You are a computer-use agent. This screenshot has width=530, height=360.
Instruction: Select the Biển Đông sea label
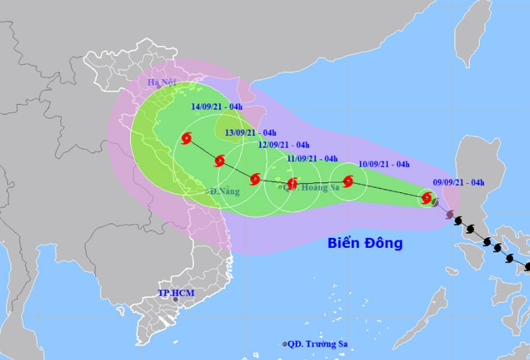click(365, 243)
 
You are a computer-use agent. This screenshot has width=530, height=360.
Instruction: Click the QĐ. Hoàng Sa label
click(311, 188)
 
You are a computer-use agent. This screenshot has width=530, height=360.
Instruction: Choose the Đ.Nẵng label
click(225, 192)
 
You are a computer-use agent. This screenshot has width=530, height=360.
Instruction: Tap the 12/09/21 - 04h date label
click(284, 145)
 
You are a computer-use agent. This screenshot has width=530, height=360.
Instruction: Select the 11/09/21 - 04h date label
click(313, 158)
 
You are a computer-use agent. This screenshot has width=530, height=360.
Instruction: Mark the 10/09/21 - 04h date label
click(384, 164)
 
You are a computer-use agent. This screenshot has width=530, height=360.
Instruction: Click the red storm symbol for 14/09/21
click(187, 139)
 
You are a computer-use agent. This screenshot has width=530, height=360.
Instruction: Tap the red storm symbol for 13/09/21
click(219, 161)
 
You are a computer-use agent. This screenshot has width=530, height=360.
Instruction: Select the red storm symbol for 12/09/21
click(255, 179)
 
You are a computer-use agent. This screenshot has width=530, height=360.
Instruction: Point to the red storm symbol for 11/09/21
click(291, 183)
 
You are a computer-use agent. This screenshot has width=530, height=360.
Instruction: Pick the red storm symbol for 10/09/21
click(348, 181)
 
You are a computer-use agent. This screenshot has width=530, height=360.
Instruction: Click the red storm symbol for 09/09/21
click(427, 198)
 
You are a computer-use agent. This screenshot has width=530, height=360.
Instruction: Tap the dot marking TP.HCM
click(176, 300)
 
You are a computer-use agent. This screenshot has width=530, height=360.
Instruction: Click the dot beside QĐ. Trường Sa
click(285, 344)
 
